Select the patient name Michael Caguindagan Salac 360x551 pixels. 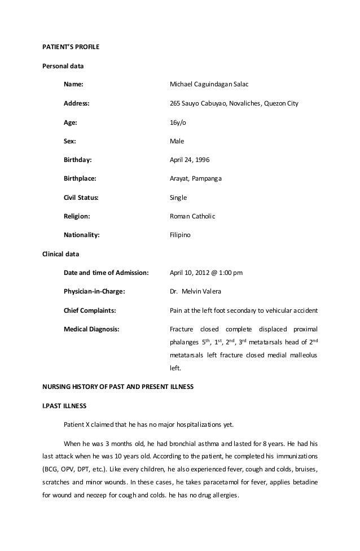pos(209,85)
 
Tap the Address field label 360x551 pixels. pos(76,103)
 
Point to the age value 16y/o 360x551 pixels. pos(177,122)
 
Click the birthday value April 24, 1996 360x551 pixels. pos(189,160)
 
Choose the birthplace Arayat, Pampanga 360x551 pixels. pos(196,178)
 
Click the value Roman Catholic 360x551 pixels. pos(192,216)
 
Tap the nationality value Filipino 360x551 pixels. pos(181,235)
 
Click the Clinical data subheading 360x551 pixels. pos(61,253)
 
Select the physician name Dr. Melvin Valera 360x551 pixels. pos(196,291)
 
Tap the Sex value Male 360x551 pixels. pos(177,141)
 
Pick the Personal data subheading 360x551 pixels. pos(63,65)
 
